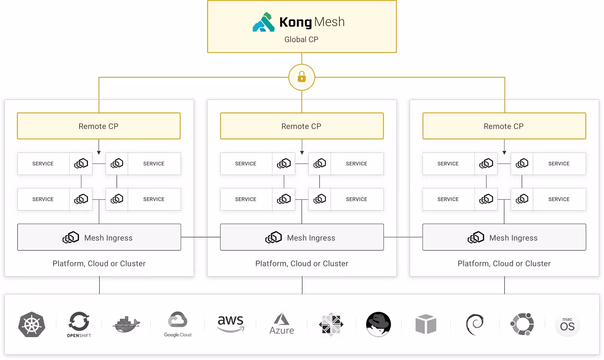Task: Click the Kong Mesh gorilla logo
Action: click(x=263, y=22)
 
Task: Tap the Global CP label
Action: click(x=301, y=40)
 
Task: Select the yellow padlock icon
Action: click(x=302, y=77)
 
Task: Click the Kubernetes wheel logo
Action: click(x=32, y=325)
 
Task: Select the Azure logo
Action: click(x=282, y=324)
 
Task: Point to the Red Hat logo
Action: click(x=378, y=324)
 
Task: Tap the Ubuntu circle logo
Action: click(x=522, y=324)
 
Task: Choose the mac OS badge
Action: click(x=567, y=325)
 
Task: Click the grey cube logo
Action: click(x=426, y=324)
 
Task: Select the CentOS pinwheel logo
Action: click(x=331, y=324)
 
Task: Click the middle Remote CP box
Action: click(x=302, y=126)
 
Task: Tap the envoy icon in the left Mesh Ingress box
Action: click(x=71, y=237)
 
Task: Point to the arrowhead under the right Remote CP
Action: click(x=504, y=152)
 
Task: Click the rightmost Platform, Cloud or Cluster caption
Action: click(x=504, y=263)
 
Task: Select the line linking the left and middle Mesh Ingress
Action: click(x=200, y=237)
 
